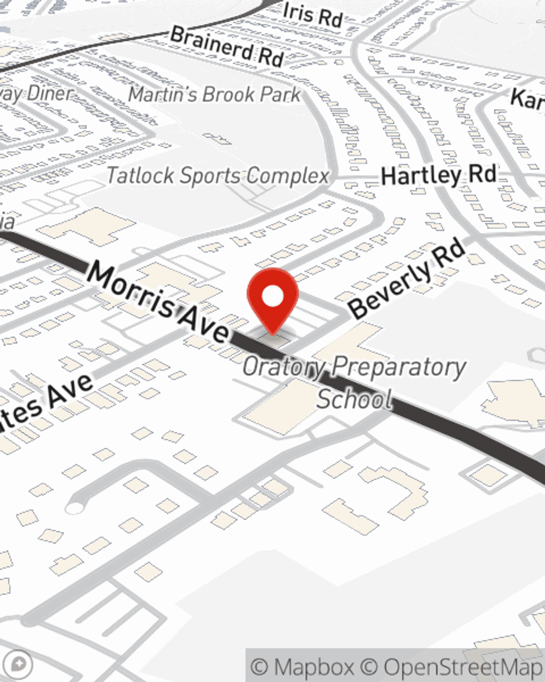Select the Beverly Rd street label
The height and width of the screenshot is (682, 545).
point(408,279)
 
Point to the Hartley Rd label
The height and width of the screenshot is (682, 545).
point(439,176)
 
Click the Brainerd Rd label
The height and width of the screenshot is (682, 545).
point(227,46)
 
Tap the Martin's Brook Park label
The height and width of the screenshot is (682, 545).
point(214,94)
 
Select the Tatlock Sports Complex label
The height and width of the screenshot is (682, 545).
point(218,176)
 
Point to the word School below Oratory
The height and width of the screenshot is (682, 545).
point(354,399)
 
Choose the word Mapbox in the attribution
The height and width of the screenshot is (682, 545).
point(314,667)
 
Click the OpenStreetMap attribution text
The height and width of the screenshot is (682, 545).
point(463,667)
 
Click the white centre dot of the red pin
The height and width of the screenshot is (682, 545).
point(272,297)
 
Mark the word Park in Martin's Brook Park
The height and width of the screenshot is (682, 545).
point(280,94)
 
